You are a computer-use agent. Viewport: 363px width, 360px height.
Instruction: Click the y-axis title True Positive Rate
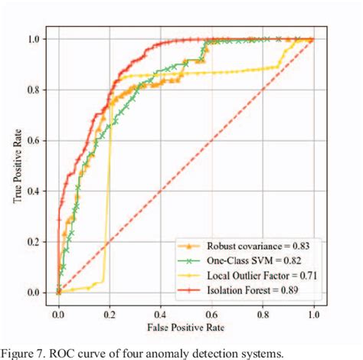pos(16,165)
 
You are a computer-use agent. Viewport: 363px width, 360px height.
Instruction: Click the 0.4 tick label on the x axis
pos(160,313)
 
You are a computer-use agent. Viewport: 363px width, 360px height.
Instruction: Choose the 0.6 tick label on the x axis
pos(211,313)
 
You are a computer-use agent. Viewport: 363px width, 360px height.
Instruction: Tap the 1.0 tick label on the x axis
pos(312,313)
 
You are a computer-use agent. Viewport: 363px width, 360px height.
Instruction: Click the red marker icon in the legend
pos(191,290)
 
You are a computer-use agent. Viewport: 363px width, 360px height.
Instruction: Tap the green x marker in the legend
pos(191,260)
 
